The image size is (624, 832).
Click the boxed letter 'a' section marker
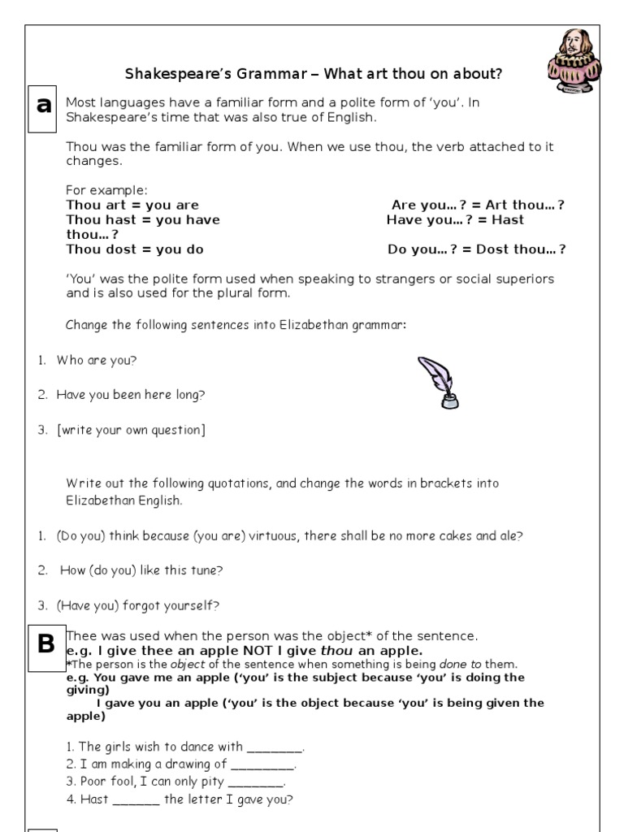43,106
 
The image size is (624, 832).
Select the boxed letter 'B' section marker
46,645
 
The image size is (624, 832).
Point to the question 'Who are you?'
91,360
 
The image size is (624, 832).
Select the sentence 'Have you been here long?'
130,395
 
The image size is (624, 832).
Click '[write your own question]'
131,430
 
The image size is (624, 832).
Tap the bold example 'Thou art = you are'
132,205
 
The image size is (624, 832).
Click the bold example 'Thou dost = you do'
135,249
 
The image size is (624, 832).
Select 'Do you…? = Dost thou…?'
477,249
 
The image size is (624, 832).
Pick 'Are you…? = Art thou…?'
478,205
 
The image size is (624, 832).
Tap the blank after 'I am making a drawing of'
262,765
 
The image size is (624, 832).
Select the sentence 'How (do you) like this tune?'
141,570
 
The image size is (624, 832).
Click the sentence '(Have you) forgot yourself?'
138,605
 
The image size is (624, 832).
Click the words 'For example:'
106,190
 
